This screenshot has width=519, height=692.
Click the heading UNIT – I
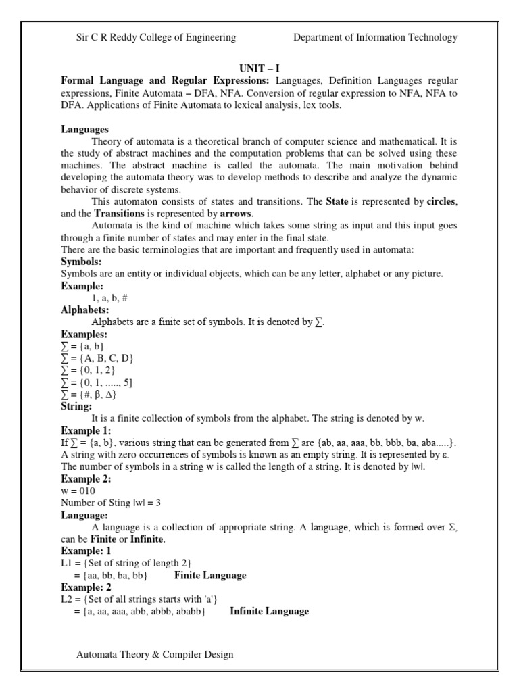(x=259, y=69)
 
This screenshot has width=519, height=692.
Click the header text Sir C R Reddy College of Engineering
(x=156, y=38)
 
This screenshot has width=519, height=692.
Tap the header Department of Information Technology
(x=375, y=38)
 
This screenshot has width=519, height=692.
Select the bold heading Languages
(x=84, y=129)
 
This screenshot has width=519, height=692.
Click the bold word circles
(x=442, y=201)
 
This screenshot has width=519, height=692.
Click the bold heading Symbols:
(x=81, y=261)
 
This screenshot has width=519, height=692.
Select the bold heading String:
(x=76, y=407)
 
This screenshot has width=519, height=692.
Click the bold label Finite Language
(x=210, y=576)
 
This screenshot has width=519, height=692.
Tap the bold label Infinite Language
(x=269, y=612)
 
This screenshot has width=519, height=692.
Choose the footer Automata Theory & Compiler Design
(x=155, y=655)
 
